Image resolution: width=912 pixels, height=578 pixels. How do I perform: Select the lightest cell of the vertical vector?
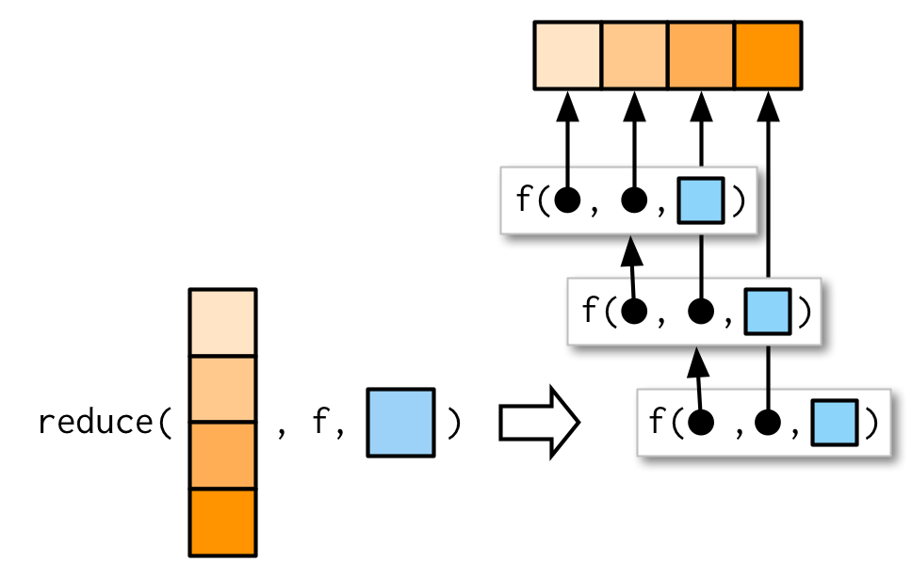222,323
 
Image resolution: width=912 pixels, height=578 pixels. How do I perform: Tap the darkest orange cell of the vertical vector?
222,522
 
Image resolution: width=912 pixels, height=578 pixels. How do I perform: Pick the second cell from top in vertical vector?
222,390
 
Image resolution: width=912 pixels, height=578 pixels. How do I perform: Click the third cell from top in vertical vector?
222,456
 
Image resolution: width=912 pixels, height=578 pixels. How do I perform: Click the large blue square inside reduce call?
400,423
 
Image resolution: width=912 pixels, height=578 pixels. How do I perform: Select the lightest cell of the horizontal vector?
568,56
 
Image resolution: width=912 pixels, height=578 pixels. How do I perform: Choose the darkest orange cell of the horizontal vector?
768,56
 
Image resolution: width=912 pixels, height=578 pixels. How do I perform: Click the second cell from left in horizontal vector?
635,56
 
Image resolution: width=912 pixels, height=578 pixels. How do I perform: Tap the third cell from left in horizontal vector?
701,56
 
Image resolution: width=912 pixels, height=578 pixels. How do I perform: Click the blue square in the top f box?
701,201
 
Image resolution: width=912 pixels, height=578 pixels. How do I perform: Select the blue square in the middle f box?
767,311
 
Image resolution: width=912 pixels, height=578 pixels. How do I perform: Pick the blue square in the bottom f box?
834,422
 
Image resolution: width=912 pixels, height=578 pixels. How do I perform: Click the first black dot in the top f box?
568,201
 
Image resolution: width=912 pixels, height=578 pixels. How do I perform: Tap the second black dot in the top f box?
635,201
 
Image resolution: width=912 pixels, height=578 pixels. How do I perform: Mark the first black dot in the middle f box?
635,311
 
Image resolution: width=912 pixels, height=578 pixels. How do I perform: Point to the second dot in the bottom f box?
768,422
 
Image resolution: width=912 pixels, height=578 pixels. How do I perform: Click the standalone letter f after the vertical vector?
318,424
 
